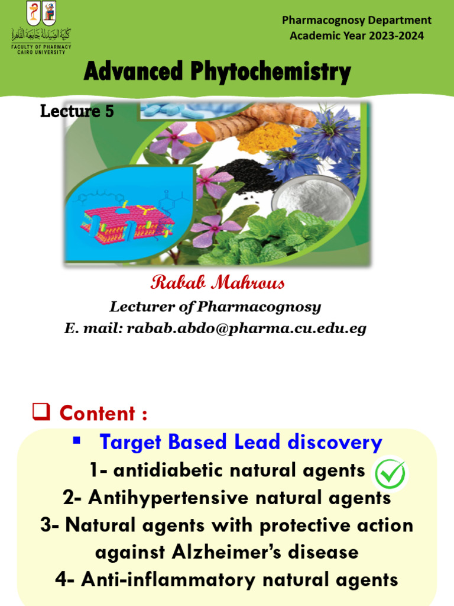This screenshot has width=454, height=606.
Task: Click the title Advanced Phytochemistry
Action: (x=217, y=73)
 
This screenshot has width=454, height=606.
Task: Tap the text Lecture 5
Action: (x=76, y=111)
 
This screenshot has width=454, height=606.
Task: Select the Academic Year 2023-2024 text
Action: (x=356, y=36)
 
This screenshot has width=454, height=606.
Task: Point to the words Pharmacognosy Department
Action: (x=356, y=20)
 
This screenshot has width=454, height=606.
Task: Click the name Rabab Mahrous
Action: (x=218, y=283)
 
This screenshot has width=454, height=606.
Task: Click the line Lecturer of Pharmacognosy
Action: (x=215, y=307)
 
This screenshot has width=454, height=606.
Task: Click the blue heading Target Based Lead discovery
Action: (x=241, y=442)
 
